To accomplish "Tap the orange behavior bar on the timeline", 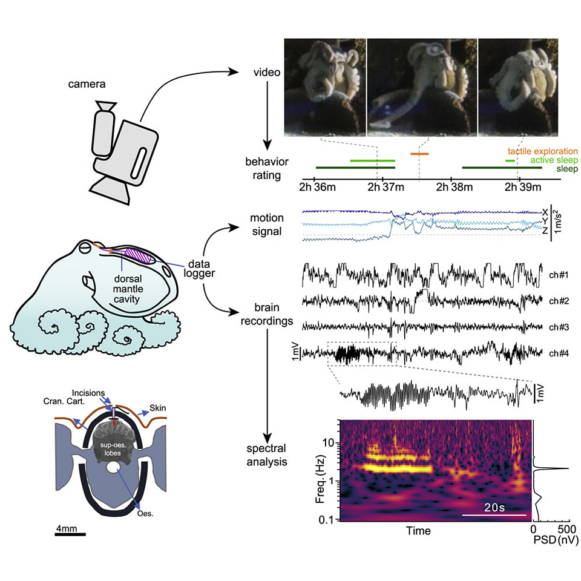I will point(419,154).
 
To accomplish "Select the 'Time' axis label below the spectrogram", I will point(418,531).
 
